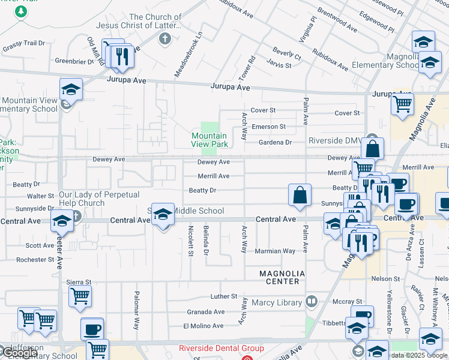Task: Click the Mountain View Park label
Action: (209, 140)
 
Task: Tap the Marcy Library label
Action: (277, 302)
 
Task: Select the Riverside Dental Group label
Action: (221, 349)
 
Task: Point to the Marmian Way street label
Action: (275, 251)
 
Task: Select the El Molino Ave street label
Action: (203, 326)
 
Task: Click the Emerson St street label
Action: (268, 127)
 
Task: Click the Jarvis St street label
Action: (279, 65)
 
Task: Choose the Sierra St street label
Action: (79, 281)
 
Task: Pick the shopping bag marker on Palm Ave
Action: (300, 194)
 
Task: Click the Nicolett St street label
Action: (190, 241)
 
